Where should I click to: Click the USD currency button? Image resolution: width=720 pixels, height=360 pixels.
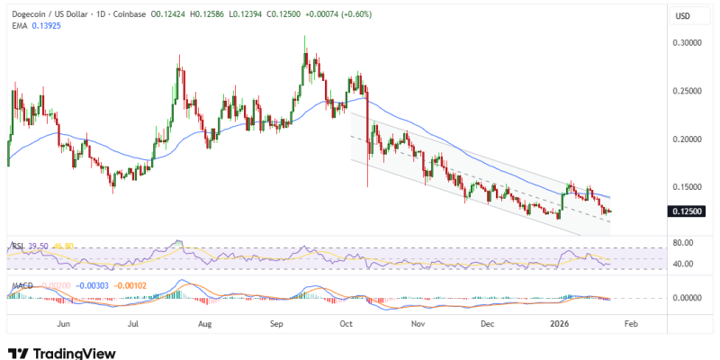pos(684,16)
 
